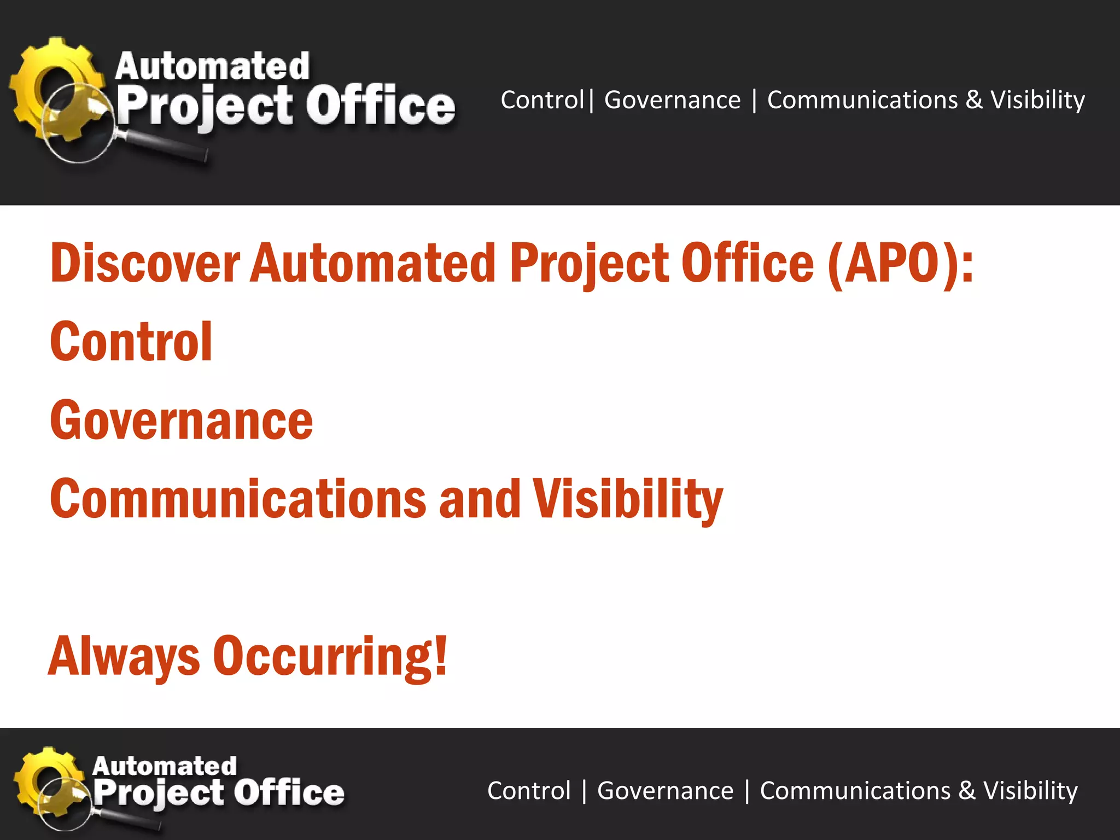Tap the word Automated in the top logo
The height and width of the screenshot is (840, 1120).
[212, 67]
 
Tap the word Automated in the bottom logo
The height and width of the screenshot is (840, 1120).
[164, 766]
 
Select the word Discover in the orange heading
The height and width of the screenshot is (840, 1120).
[145, 264]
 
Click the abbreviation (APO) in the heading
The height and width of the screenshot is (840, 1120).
[900, 264]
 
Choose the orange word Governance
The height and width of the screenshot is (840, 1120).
[181, 421]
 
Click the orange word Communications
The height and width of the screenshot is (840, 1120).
[238, 499]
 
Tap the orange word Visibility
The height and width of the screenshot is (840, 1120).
[628, 499]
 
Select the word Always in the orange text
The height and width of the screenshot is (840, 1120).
[124, 656]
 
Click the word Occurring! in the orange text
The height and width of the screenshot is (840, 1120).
[330, 656]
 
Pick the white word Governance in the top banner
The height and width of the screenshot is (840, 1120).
[672, 100]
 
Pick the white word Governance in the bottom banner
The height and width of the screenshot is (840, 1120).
[665, 791]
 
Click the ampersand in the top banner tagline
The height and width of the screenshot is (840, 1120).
[974, 100]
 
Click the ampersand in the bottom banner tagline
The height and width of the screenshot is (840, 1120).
[967, 791]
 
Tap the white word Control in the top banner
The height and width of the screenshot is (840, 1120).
[542, 100]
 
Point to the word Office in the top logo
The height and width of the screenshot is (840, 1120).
[380, 106]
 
